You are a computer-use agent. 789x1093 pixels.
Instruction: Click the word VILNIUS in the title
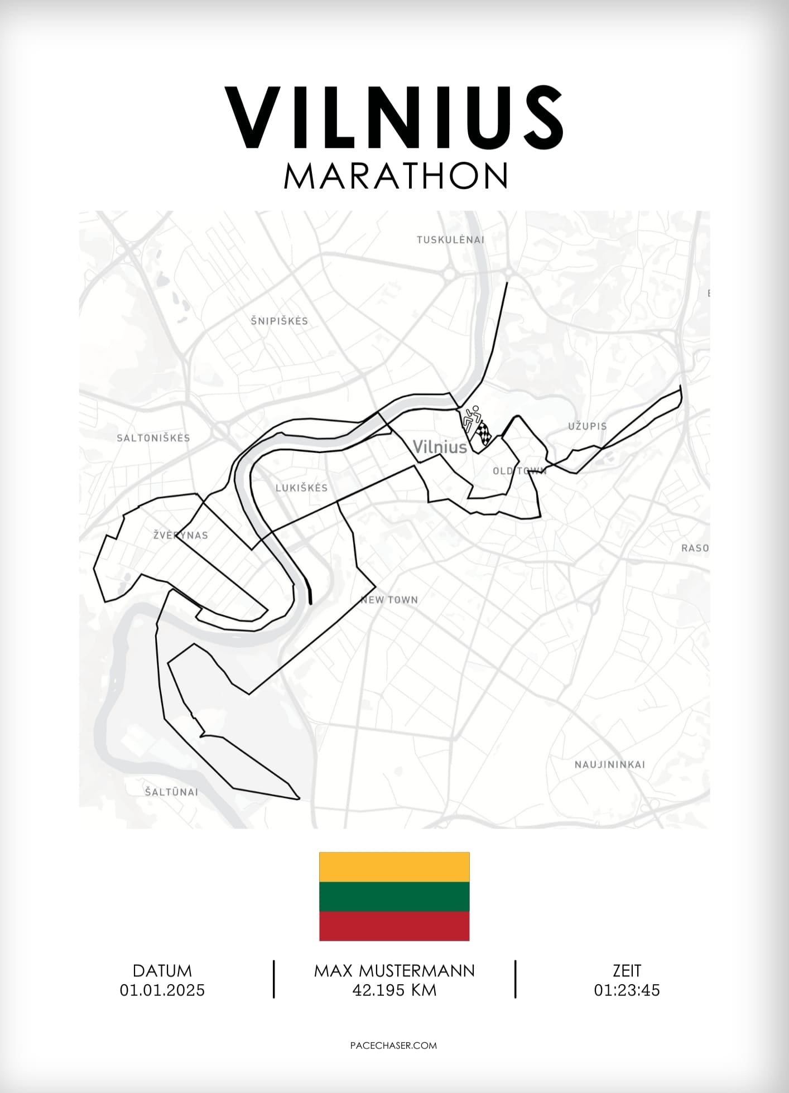pos(394,117)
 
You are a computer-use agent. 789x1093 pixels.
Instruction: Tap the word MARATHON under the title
pos(395,176)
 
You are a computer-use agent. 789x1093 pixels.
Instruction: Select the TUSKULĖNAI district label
pos(450,240)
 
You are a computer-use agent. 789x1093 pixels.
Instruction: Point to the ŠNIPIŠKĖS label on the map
pos(279,321)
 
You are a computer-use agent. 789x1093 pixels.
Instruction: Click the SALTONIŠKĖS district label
pos(153,438)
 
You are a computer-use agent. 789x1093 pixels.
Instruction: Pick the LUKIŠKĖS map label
pos(301,488)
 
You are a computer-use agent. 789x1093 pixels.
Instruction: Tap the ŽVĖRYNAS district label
pos(181,535)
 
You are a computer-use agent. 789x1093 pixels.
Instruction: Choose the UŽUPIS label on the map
pos(588,426)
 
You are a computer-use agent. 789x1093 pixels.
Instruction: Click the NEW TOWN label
pos(389,600)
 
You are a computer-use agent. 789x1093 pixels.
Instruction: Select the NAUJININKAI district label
pos(610,764)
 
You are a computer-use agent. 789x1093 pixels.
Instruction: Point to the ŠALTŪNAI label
pos(171,792)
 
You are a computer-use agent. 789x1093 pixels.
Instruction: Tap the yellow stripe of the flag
pos(394,866)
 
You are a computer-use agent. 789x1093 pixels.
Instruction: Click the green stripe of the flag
pos(394,896)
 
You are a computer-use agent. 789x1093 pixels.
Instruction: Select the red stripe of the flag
pos(394,926)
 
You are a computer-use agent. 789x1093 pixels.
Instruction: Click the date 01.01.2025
pos(162,990)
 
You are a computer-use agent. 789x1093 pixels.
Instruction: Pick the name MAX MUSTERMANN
pos(394,970)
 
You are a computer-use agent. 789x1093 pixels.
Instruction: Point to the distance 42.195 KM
pos(394,990)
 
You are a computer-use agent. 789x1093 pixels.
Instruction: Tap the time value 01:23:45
pos(627,990)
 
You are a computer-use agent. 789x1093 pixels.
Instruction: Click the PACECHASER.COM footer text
pos(393,1045)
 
